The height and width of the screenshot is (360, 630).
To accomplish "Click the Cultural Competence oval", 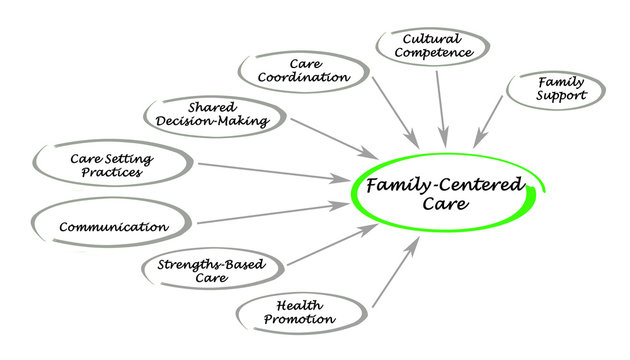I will point(433,46).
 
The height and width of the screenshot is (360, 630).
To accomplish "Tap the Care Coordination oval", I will point(295,69).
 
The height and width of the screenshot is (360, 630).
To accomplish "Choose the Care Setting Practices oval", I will point(113,164).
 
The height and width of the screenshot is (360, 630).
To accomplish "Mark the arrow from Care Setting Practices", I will point(275,173).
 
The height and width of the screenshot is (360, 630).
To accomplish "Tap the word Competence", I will point(434,54).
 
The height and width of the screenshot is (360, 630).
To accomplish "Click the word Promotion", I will point(299,320).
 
